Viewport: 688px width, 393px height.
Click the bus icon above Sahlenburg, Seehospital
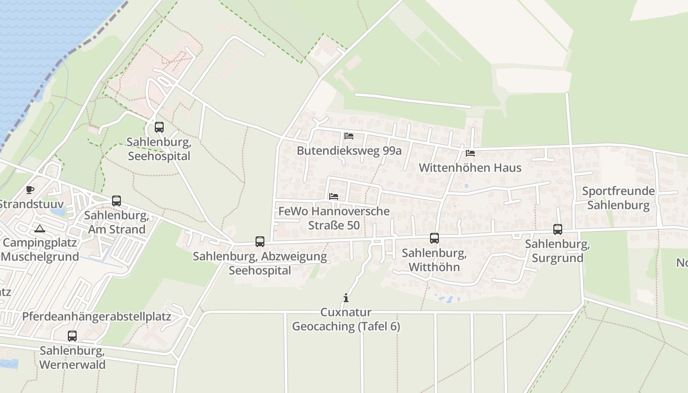point(159,127)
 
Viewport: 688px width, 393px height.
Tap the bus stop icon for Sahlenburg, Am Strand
point(116,201)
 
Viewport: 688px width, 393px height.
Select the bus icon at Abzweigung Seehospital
point(260,242)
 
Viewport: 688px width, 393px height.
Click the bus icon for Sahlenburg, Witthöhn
point(434,238)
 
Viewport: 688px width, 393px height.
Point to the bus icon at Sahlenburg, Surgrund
point(558,229)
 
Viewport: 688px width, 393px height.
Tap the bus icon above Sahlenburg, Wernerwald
point(72,336)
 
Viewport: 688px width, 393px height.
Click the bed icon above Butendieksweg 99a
point(349,136)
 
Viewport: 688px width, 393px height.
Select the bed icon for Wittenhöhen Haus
point(470,153)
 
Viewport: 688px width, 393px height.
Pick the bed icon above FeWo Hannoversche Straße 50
point(334,196)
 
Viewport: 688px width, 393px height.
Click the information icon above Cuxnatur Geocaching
point(346,298)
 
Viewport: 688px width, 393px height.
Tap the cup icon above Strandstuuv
point(30,190)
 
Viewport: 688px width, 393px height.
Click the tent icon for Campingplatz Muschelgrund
point(40,228)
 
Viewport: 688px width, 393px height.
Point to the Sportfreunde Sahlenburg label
point(618,198)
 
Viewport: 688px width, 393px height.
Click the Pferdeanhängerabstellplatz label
point(96,316)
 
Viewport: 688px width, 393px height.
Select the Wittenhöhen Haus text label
point(470,168)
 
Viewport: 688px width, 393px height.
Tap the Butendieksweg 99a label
point(349,151)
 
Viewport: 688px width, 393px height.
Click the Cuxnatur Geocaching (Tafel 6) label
point(346,319)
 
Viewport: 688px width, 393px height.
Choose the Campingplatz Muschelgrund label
point(40,250)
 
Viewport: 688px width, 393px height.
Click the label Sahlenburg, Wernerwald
point(72,358)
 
